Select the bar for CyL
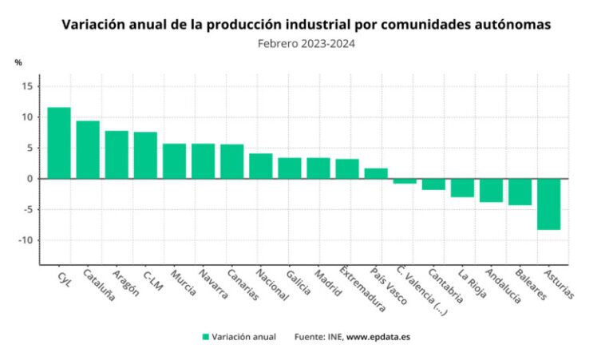pos(59,143)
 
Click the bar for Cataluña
pos(88,150)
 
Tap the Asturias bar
pos(548,204)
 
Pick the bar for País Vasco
pos(376,173)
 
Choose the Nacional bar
pos(260,166)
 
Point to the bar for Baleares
pos(520,192)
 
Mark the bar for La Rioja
pos(462,188)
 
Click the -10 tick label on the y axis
pos(25,240)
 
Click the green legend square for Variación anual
pos(206,337)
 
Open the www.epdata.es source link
pos(378,337)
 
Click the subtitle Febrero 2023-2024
pos(306,44)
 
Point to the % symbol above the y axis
pos(18,62)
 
